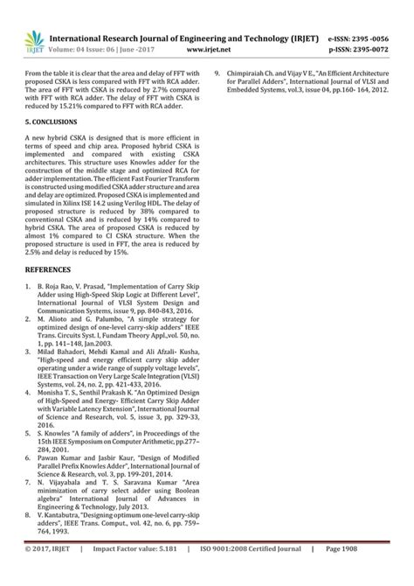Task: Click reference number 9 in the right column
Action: pyautogui.click(x=217, y=73)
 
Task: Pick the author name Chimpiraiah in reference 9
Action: pyautogui.click(x=252, y=73)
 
